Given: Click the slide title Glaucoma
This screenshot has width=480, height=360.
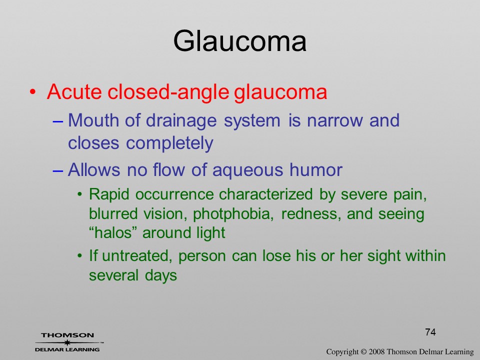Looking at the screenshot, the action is [x=239, y=40].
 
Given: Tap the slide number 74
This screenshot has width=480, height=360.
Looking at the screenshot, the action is [x=430, y=332].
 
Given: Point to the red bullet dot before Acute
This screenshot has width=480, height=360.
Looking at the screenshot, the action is [x=32, y=91].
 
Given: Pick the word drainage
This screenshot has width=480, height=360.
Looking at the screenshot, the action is [x=181, y=121].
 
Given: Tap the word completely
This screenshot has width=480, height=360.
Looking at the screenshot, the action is [x=169, y=143].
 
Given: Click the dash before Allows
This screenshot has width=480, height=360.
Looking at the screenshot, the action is [x=58, y=170].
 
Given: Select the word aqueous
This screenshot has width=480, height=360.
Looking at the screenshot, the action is [x=247, y=170].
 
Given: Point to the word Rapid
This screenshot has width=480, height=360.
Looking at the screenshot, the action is [x=109, y=194].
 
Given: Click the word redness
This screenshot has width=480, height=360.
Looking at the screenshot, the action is [x=311, y=213].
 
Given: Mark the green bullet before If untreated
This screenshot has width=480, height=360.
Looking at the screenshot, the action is [x=80, y=255].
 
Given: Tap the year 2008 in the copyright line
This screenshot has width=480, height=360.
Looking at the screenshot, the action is [x=376, y=351].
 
